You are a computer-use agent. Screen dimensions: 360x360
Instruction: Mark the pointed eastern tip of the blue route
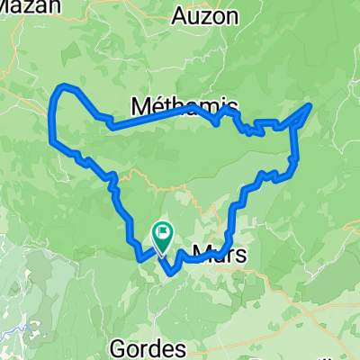tap(310, 105)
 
